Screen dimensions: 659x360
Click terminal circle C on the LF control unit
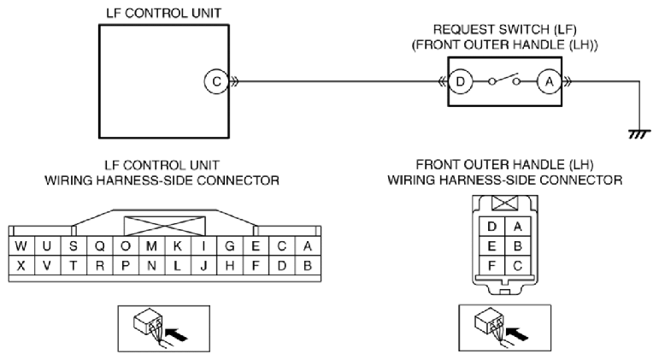(x=216, y=81)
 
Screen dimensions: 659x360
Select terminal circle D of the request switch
(x=460, y=81)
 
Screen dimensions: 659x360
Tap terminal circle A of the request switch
(x=550, y=81)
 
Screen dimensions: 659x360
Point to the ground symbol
(x=639, y=134)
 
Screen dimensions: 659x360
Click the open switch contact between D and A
(x=504, y=80)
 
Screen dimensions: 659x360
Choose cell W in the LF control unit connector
(x=21, y=245)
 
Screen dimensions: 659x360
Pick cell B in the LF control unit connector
(x=308, y=265)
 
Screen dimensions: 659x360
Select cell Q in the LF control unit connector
(x=100, y=245)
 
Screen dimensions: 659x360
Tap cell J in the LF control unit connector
(x=203, y=265)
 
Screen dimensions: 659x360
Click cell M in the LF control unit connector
(x=152, y=245)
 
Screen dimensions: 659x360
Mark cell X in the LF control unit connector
(x=21, y=265)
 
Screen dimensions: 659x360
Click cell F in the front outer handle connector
(x=491, y=266)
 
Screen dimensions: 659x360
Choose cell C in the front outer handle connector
(x=517, y=266)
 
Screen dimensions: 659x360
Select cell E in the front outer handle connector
(x=491, y=246)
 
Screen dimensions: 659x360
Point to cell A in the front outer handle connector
(x=517, y=227)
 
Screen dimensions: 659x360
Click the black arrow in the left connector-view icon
(x=177, y=334)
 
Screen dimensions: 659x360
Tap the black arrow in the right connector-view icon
(x=517, y=334)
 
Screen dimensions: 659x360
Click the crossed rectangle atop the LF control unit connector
(x=165, y=227)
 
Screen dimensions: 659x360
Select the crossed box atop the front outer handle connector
(x=504, y=204)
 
